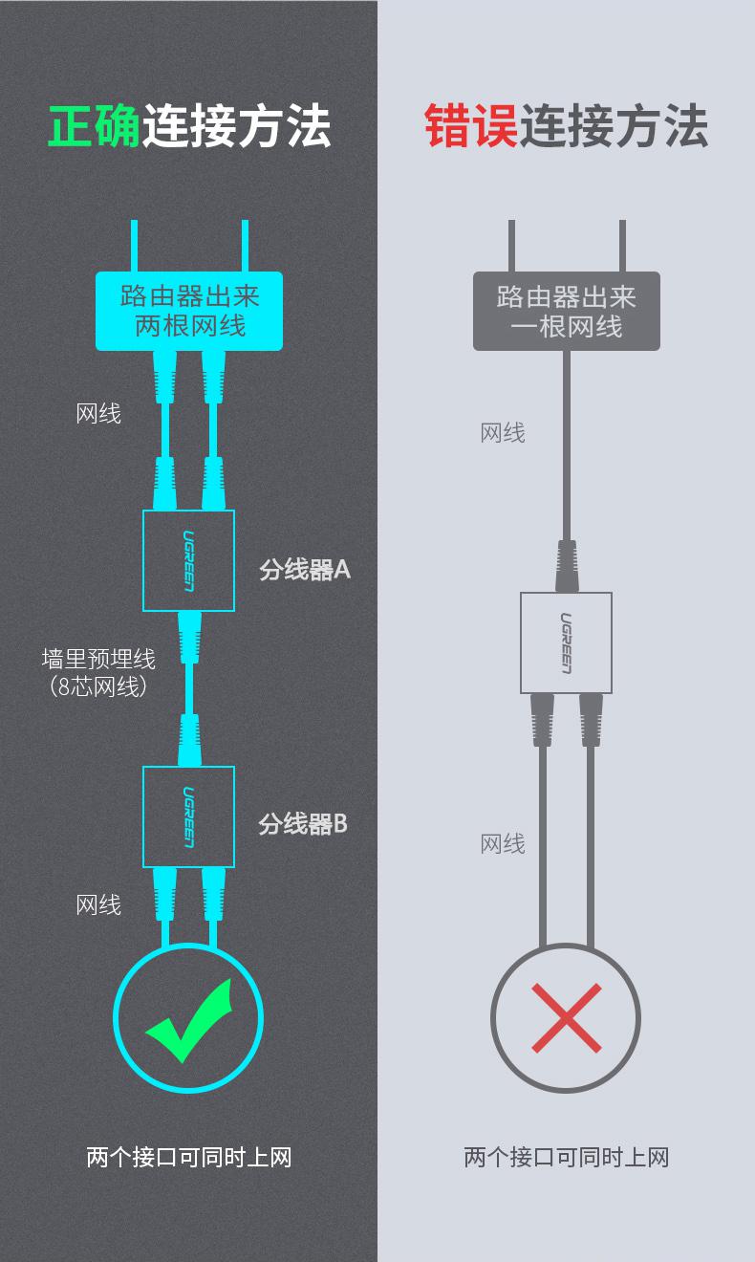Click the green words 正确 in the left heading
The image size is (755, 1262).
pos(95,127)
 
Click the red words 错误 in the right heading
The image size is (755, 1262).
pos(471,127)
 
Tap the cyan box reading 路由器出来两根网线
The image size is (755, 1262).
pos(189,311)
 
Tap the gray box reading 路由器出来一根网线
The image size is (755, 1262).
pos(566,311)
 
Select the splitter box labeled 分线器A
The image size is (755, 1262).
pos(188,560)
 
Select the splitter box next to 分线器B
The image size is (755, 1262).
pos(188,816)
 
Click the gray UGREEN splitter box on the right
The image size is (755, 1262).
pos(566,642)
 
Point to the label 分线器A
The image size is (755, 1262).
pos(305,570)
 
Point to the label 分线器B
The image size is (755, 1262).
pos(303,823)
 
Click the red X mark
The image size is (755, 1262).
pos(566,1018)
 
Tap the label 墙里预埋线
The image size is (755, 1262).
pos(98,659)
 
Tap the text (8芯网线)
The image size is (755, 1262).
pos(98,685)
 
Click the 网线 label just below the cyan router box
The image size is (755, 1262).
pos(98,414)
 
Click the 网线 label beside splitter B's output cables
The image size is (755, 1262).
pos(98,904)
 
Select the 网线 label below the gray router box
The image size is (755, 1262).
pos(503,433)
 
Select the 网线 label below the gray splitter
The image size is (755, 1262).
pos(503,844)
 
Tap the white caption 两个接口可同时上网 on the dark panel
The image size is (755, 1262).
pos(188,1158)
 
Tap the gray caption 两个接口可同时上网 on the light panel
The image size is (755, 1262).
pos(566,1158)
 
